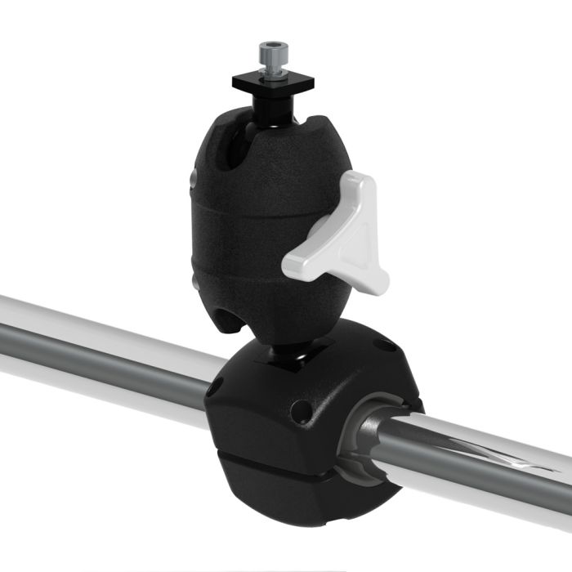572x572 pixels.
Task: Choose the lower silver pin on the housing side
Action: (x=194, y=282)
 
